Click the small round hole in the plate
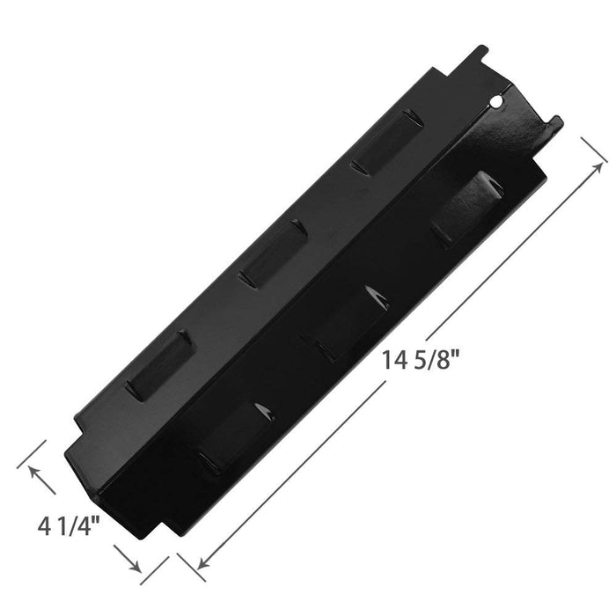[497, 102]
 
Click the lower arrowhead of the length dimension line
[203, 562]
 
